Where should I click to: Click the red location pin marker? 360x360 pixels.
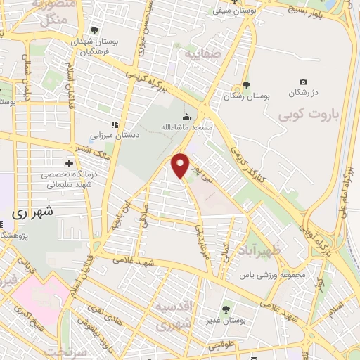point(181,164)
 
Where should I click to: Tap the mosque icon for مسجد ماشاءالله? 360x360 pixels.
point(186,117)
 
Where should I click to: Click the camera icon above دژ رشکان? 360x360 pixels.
point(303,82)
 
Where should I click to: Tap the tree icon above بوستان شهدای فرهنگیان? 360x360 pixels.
point(94,30)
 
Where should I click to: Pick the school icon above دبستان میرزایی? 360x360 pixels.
point(114,124)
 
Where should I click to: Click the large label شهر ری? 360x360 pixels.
point(34,211)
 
